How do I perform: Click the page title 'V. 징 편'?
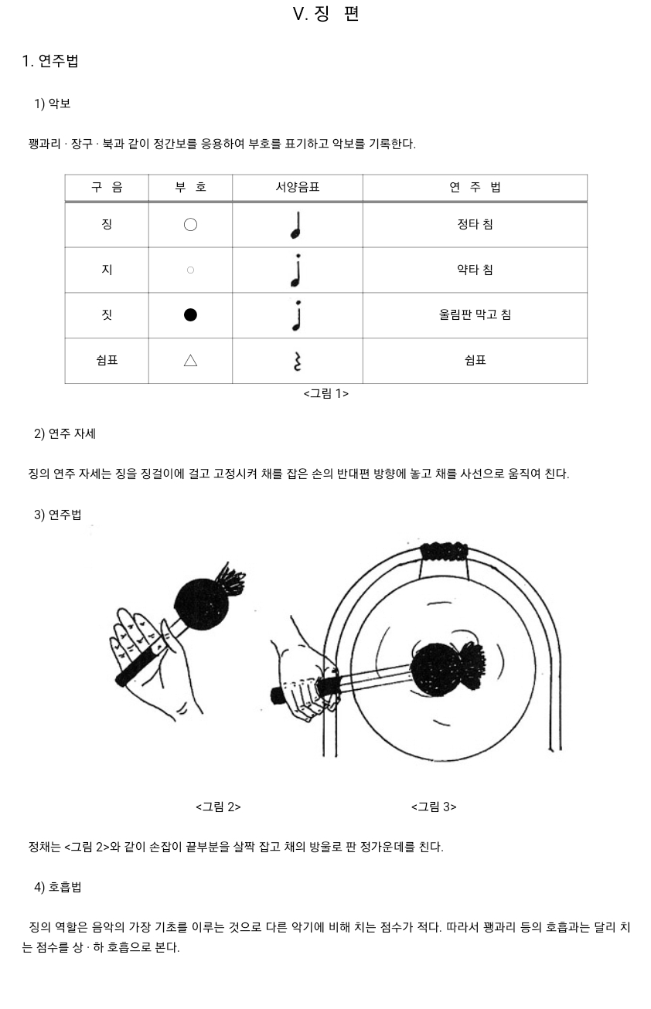pyautogui.click(x=325, y=14)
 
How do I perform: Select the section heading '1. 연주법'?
pyautogui.click(x=50, y=61)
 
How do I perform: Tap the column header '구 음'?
pyautogui.click(x=107, y=188)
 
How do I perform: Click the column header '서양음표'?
pyautogui.click(x=298, y=188)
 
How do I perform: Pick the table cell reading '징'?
pyautogui.click(x=107, y=225)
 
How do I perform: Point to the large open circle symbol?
pyautogui.click(x=190, y=225)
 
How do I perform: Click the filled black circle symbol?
pyautogui.click(x=190, y=315)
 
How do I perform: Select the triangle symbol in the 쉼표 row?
pyautogui.click(x=190, y=361)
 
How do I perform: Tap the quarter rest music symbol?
pyautogui.click(x=297, y=361)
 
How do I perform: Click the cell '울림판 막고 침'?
pyautogui.click(x=475, y=315)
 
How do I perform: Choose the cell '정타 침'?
pyautogui.click(x=475, y=225)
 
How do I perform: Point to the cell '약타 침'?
pyautogui.click(x=475, y=270)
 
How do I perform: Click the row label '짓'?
pyautogui.click(x=107, y=315)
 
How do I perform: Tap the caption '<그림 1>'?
pyautogui.click(x=325, y=394)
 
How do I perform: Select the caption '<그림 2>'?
pyautogui.click(x=218, y=807)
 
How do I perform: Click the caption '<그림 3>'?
pyautogui.click(x=434, y=807)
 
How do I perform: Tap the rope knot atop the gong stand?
pyautogui.click(x=444, y=552)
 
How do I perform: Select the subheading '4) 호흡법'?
pyautogui.click(x=57, y=887)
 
